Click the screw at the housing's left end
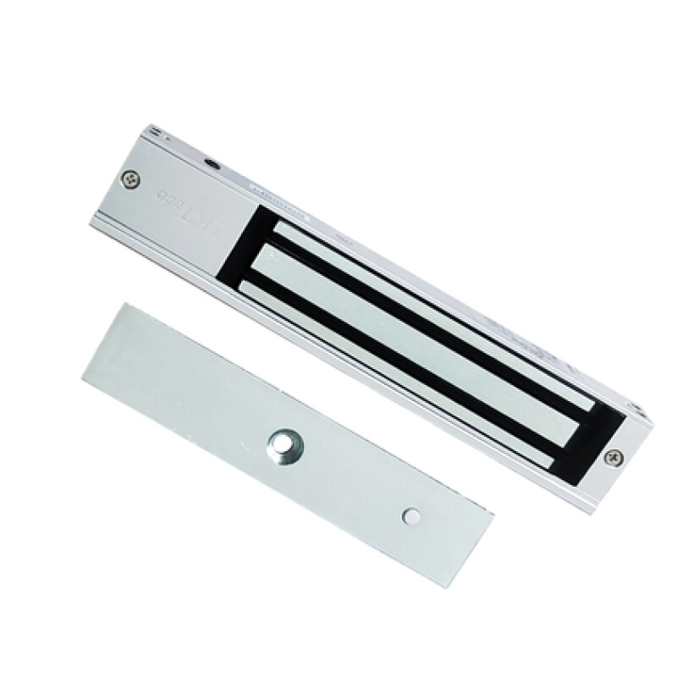(129, 179)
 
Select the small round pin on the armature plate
(411, 515)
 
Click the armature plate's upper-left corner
(124, 305)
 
